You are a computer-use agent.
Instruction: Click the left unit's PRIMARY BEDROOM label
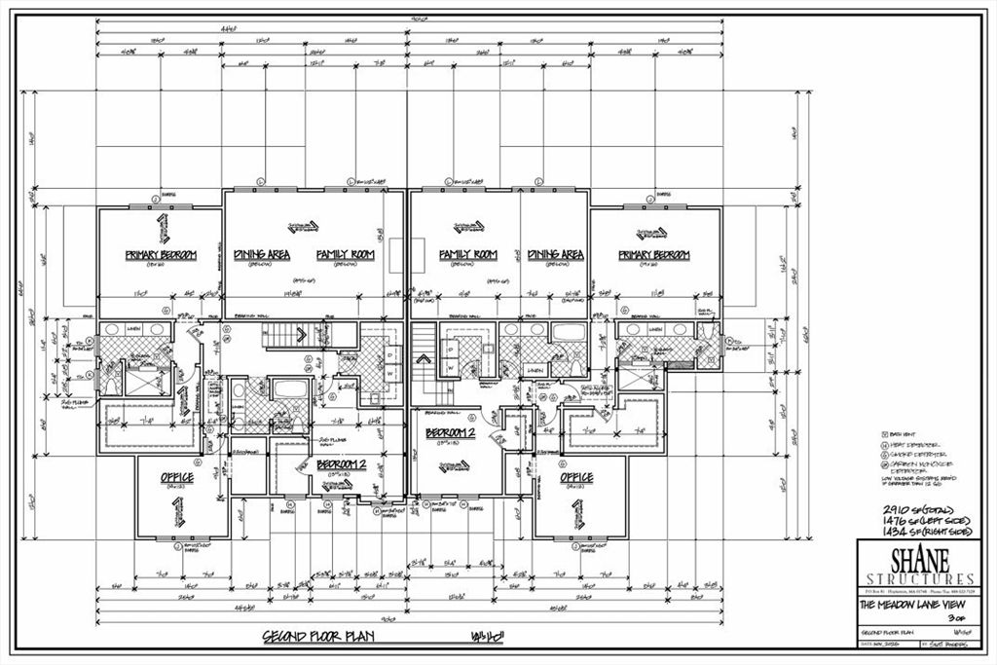(x=161, y=255)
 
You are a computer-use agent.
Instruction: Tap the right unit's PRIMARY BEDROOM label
(x=654, y=255)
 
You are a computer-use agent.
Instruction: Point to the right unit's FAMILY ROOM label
(x=467, y=254)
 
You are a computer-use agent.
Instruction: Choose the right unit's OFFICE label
(x=576, y=478)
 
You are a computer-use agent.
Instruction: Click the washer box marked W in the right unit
(x=451, y=366)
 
